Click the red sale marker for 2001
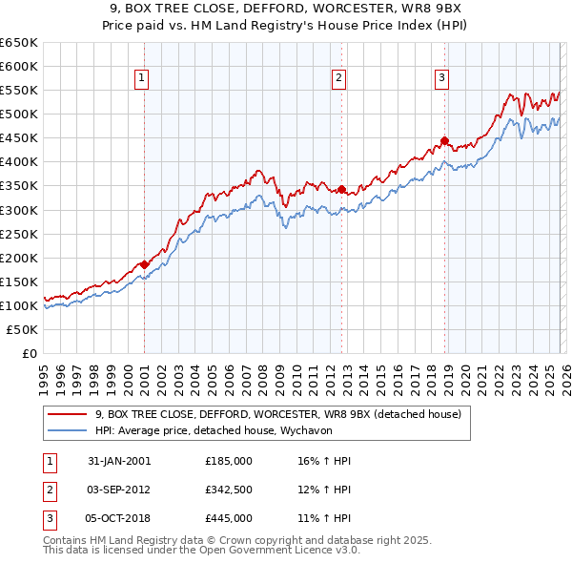point(144,264)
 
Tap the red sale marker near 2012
point(341,189)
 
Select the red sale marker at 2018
point(444,140)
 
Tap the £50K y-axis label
point(22,329)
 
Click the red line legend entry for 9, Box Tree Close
point(278,414)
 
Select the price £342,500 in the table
point(229,490)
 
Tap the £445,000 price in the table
point(229,518)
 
